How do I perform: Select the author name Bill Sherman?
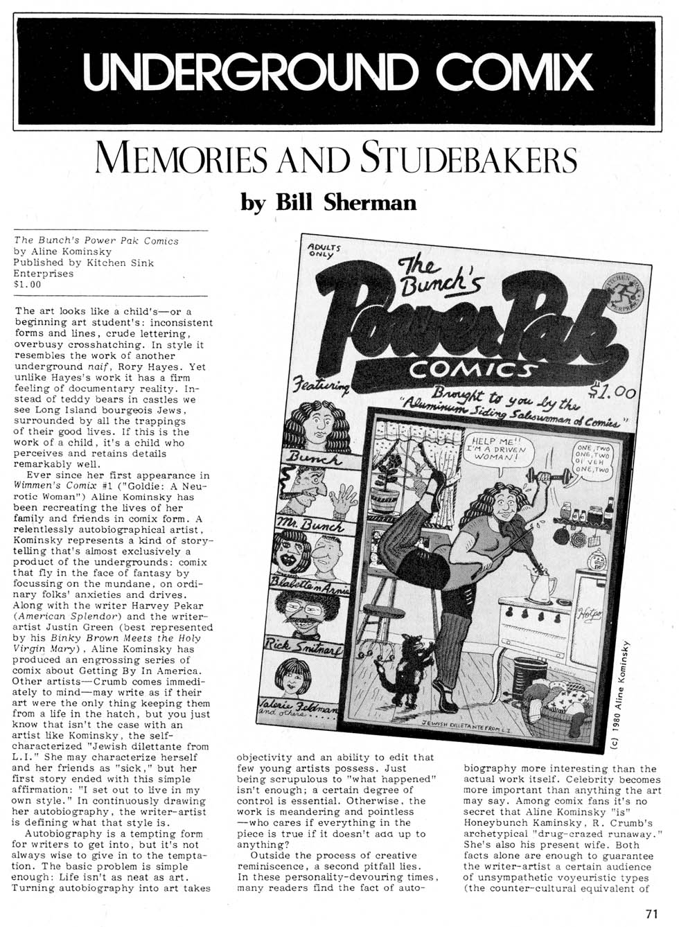[328, 202]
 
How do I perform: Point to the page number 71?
[651, 913]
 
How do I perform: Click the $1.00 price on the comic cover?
[611, 393]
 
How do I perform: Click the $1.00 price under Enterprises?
[28, 283]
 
